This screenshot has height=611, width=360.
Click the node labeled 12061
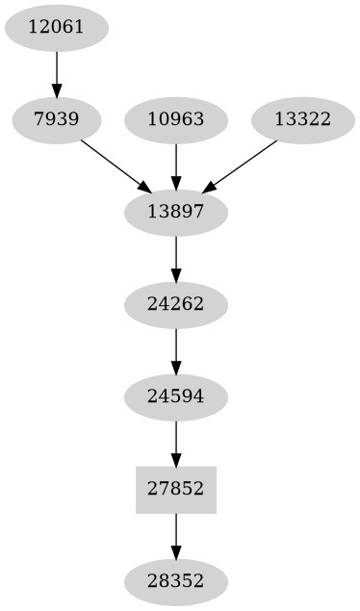pyautogui.click(x=57, y=27)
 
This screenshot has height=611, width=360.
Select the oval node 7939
pyautogui.click(x=57, y=119)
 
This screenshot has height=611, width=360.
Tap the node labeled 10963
pyautogui.click(x=176, y=119)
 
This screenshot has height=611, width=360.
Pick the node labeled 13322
pyautogui.click(x=302, y=119)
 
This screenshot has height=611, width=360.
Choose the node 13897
pyautogui.click(x=176, y=212)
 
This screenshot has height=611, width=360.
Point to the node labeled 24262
pyautogui.click(x=176, y=304)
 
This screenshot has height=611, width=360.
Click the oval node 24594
pyautogui.click(x=176, y=396)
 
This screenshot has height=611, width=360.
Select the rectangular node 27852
pyautogui.click(x=176, y=489)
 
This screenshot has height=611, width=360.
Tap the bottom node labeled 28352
pyautogui.click(x=176, y=581)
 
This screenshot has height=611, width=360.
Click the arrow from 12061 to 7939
pyautogui.click(x=57, y=73)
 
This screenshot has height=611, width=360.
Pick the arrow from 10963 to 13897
pyautogui.click(x=176, y=165)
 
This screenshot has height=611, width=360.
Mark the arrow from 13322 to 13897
pyautogui.click(x=241, y=165)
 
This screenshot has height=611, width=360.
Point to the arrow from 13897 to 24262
pyautogui.click(x=176, y=258)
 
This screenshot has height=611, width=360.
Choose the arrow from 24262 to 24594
pyautogui.click(x=176, y=350)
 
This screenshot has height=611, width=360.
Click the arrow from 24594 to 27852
pyautogui.click(x=176, y=443)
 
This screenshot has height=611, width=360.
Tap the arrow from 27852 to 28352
pyautogui.click(x=176, y=535)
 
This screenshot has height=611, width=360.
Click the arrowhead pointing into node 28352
pyautogui.click(x=176, y=552)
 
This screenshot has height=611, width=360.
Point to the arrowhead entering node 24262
pyautogui.click(x=176, y=275)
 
